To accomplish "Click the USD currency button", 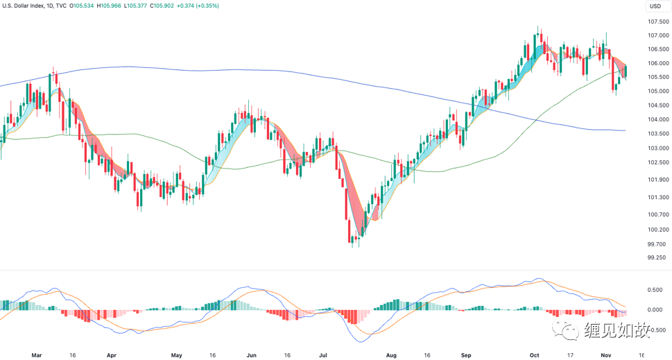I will click(x=655, y=6).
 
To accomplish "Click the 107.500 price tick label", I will click(x=657, y=22).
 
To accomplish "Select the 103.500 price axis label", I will click(x=657, y=134).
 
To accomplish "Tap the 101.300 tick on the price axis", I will click(x=657, y=197).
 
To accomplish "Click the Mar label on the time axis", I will click(x=37, y=354).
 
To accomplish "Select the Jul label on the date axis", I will click(x=322, y=354).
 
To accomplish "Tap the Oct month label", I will click(x=534, y=354).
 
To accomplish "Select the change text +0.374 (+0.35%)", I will click(x=218, y=6).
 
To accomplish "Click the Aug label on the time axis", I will click(x=390, y=354).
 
